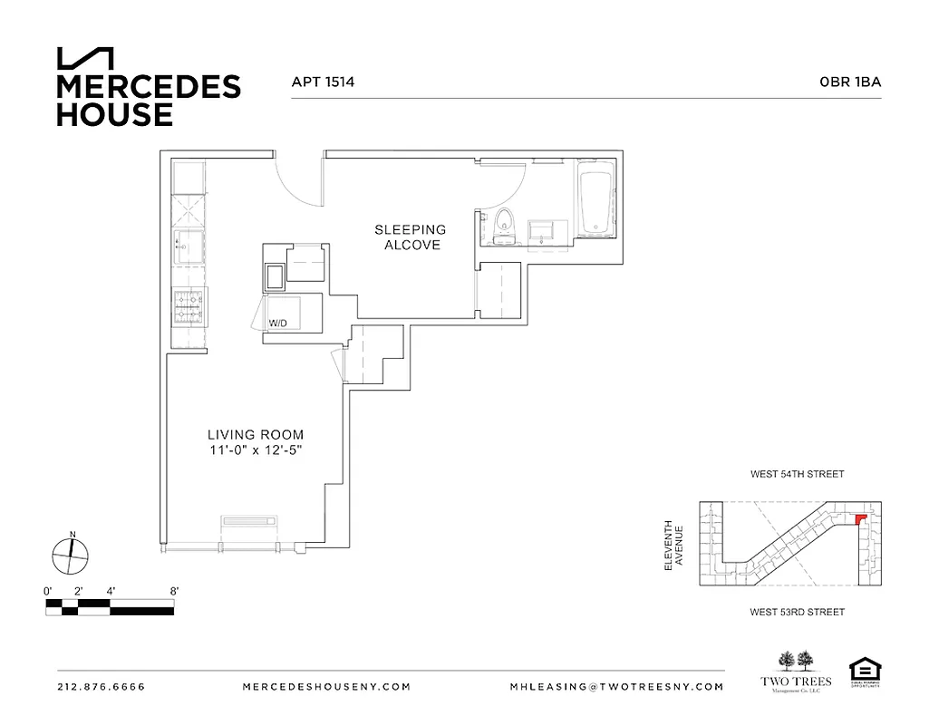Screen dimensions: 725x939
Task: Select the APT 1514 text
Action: click(322, 82)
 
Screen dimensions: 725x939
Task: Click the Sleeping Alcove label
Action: click(410, 237)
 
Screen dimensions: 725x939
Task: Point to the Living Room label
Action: click(255, 435)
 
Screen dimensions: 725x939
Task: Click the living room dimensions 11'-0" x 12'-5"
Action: click(255, 451)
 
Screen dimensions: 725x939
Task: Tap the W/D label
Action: click(276, 324)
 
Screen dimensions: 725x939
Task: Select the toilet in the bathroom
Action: click(504, 225)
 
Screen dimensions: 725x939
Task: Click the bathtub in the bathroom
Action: click(596, 201)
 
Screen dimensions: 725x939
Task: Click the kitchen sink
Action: click(189, 246)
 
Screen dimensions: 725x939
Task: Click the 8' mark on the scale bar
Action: click(174, 591)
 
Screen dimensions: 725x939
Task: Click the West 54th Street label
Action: click(797, 474)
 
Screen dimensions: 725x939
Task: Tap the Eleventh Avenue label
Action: click(673, 545)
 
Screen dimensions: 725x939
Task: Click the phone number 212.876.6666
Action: click(101, 687)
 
